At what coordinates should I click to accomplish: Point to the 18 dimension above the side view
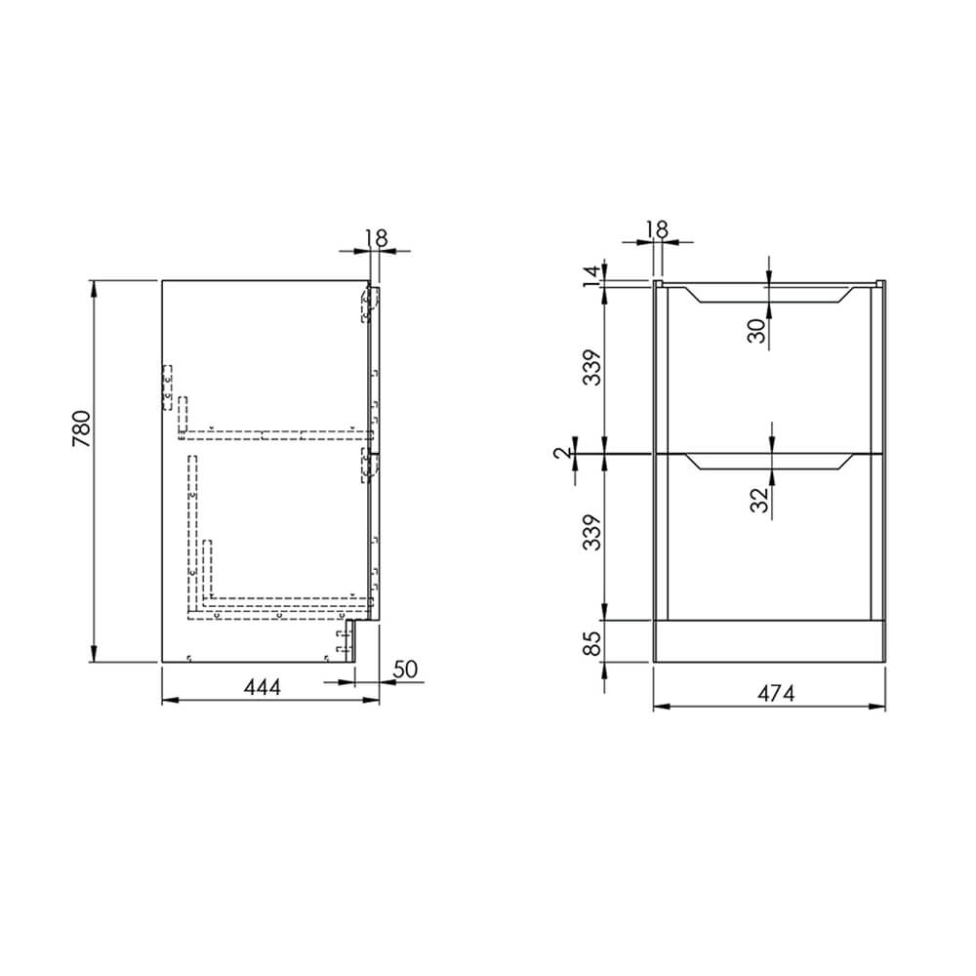pos(377,237)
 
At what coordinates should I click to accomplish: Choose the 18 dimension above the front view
pos(657,229)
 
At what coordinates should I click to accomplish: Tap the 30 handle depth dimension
pos(757,329)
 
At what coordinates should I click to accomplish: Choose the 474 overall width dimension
pos(775,693)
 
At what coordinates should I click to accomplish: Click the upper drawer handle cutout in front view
pos(768,296)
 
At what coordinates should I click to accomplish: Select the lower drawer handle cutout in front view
pos(768,462)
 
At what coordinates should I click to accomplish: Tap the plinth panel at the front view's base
pos(768,641)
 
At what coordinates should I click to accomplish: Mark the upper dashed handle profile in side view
pos(368,305)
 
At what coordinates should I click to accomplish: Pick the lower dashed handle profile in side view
pos(368,468)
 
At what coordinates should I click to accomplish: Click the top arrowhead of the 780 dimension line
pos(95,285)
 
